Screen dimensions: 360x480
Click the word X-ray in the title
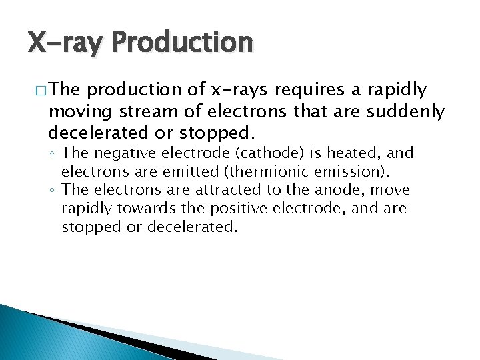(x=65, y=43)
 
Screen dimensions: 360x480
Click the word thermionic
(x=249, y=171)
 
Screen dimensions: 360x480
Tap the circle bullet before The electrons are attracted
(x=53, y=191)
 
